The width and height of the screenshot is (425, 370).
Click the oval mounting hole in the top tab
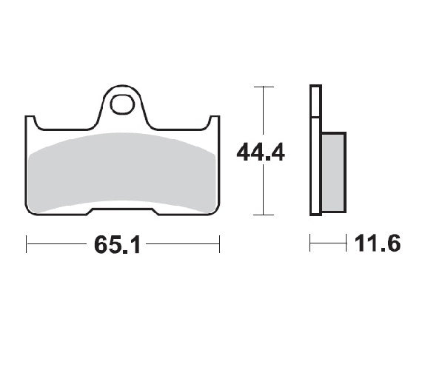coord(121,104)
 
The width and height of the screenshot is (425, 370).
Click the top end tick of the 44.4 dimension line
coord(259,87)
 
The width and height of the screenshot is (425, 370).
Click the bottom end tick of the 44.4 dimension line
coord(259,215)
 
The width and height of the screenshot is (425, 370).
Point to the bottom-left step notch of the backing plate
coord(90,213)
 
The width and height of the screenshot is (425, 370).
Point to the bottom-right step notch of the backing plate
coord(156,213)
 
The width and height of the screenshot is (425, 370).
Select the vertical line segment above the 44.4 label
coord(259,111)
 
